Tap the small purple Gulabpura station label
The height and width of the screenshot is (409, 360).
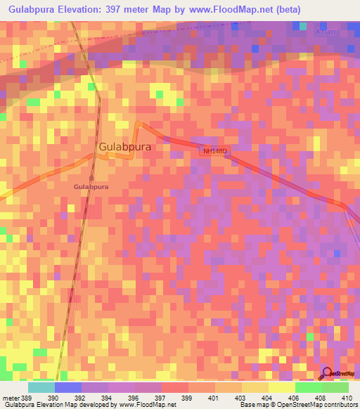tap(91, 187)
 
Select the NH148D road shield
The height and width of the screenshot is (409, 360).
tap(216, 151)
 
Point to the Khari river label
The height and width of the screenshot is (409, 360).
tap(345, 32)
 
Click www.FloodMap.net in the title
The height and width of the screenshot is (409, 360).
tap(232, 10)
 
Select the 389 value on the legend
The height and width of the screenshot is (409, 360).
tap(27, 398)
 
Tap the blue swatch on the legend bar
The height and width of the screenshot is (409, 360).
tap(67, 387)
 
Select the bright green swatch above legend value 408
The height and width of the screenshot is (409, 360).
tap(308, 387)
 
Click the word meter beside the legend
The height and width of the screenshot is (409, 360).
tap(9, 398)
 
